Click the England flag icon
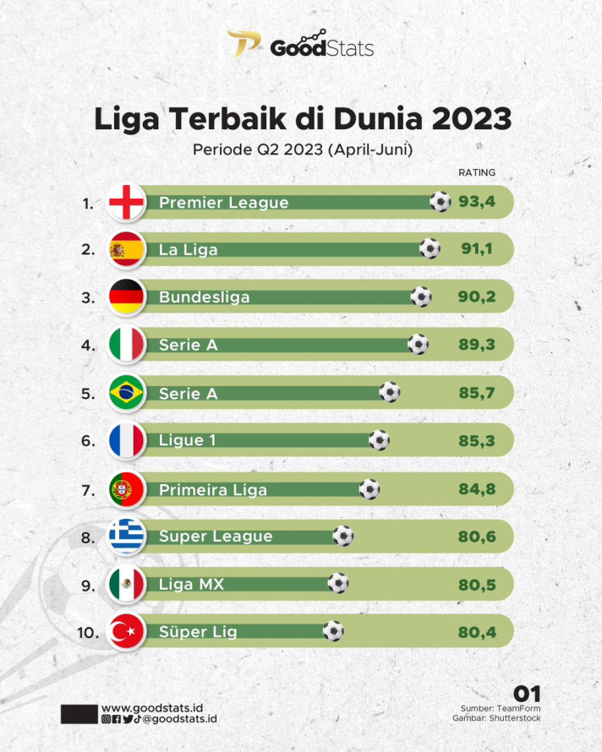(x=127, y=203)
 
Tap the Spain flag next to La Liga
(x=127, y=250)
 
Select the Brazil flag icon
(x=127, y=393)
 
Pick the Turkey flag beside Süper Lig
(x=127, y=632)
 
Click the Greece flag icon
(x=127, y=537)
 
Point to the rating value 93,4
(x=477, y=202)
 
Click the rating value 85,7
(x=477, y=392)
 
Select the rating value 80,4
(x=477, y=631)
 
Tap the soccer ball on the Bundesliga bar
(x=421, y=297)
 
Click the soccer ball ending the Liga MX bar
(x=338, y=583)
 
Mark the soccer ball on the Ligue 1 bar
(x=380, y=439)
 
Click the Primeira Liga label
(x=212, y=489)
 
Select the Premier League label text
(x=223, y=203)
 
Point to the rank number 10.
(x=90, y=632)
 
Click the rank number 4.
(x=88, y=346)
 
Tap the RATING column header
(x=477, y=172)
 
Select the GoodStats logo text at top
(x=321, y=48)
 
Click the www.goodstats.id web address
(x=151, y=707)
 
